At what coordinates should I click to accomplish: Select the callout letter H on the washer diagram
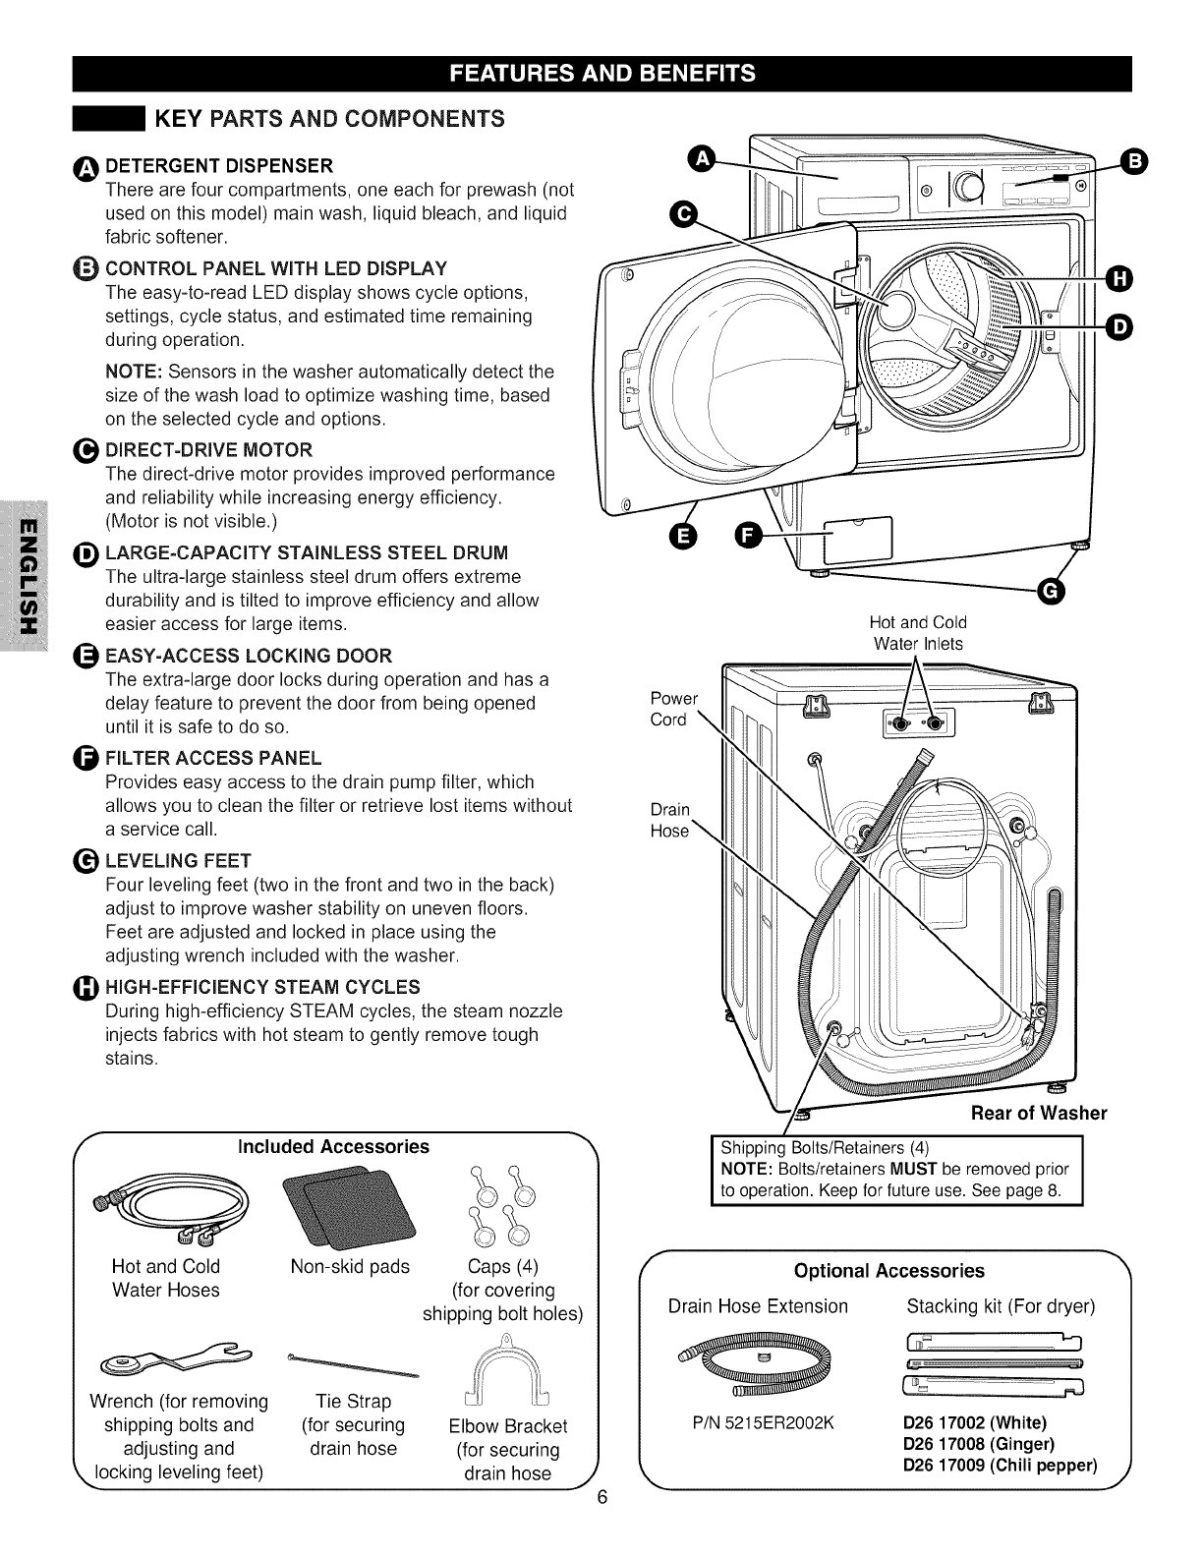pos(1119,279)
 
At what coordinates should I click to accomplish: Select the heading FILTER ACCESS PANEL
pos(213,758)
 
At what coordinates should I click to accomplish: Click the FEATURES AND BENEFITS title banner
pos(601,73)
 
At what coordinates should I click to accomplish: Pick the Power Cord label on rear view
pos(673,709)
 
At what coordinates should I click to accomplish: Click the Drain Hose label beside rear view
pos(670,820)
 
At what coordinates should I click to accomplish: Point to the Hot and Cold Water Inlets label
pos(918,633)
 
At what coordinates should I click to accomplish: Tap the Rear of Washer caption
pos(1038,1113)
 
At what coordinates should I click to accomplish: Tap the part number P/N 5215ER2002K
pos(757,1422)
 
